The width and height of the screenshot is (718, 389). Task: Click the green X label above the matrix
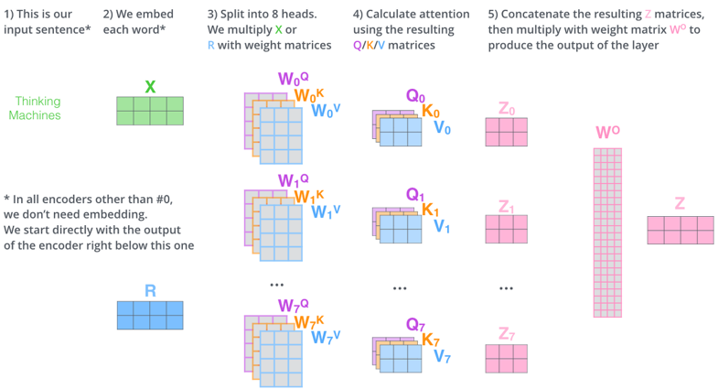pyautogui.click(x=150, y=87)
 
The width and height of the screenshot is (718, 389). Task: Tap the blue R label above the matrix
pyautogui.click(x=150, y=291)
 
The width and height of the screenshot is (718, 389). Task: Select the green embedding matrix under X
pyautogui.click(x=150, y=111)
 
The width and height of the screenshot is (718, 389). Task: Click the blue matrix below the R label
pyautogui.click(x=150, y=315)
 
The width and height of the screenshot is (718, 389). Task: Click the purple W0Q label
pyautogui.click(x=294, y=79)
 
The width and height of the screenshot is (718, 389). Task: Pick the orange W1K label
pyautogui.click(x=309, y=196)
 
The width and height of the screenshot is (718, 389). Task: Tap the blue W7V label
pyautogui.click(x=326, y=338)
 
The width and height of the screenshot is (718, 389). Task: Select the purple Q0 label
pyautogui.click(x=416, y=96)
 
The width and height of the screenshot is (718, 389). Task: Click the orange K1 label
pyautogui.click(x=431, y=211)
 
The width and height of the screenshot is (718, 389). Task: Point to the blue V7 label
pyautogui.click(x=443, y=356)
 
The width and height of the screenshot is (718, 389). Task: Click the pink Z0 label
pyautogui.click(x=506, y=109)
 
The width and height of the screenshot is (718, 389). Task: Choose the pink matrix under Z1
pyautogui.click(x=506, y=229)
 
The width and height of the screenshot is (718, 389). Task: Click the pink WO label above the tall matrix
pyautogui.click(x=607, y=133)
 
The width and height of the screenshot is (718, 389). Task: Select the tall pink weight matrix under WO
pyautogui.click(x=607, y=232)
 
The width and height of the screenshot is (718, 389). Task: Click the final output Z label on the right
pyautogui.click(x=680, y=203)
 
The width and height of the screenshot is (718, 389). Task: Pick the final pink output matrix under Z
pyautogui.click(x=680, y=230)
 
